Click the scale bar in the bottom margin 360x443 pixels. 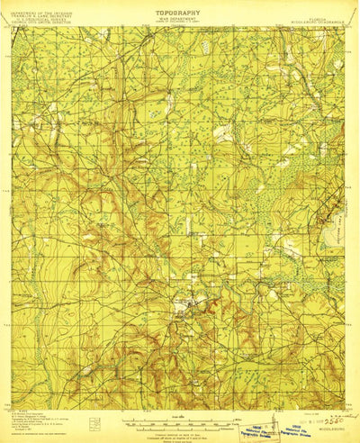click(x=180, y=397)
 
